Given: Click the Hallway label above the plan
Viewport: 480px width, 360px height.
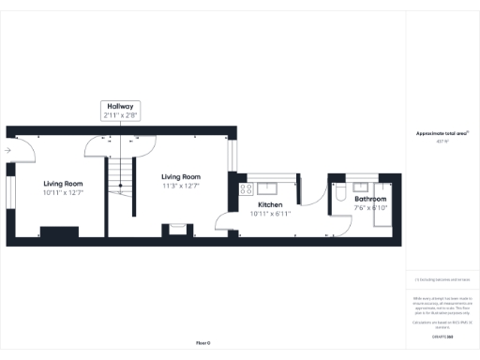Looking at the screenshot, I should pyautogui.click(x=121, y=107).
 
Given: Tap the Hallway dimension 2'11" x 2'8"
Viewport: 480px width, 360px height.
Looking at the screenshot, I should pyautogui.click(x=121, y=115).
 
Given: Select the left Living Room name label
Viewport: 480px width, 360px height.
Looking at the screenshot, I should pyautogui.click(x=63, y=184).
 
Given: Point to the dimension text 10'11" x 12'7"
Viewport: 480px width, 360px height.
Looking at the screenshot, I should pyautogui.click(x=63, y=192).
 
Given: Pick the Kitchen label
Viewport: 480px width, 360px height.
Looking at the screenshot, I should pyautogui.click(x=270, y=204).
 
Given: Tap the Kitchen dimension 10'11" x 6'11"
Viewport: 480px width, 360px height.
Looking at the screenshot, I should pyautogui.click(x=270, y=213).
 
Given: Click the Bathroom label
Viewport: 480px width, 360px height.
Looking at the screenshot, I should pyautogui.click(x=370, y=199).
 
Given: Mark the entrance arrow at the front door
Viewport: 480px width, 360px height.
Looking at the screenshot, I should pyautogui.click(x=7, y=150).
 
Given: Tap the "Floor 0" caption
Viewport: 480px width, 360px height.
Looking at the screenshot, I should pyautogui.click(x=202, y=344).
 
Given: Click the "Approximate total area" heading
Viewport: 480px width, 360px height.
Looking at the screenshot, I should pyautogui.click(x=442, y=133).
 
